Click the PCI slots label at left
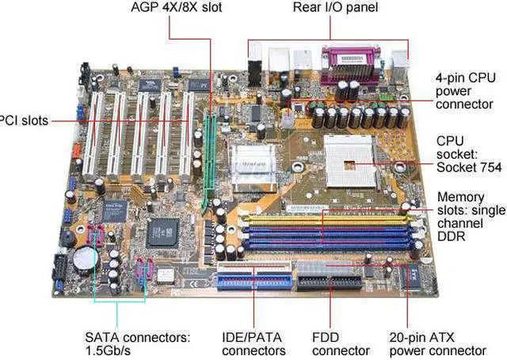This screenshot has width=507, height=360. coord(24,121)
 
